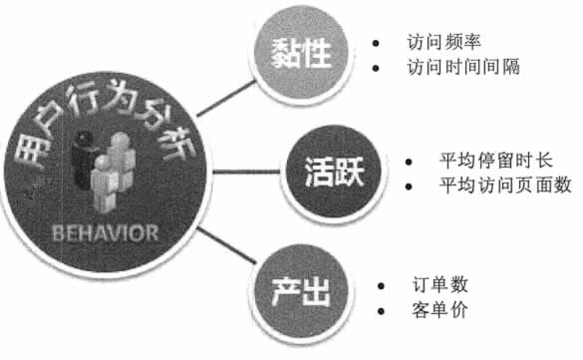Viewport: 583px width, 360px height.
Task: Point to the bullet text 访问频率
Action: pos(438,45)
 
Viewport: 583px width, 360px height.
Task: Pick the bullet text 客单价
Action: pos(438,309)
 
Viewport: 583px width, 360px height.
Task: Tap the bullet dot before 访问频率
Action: pos(375,45)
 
